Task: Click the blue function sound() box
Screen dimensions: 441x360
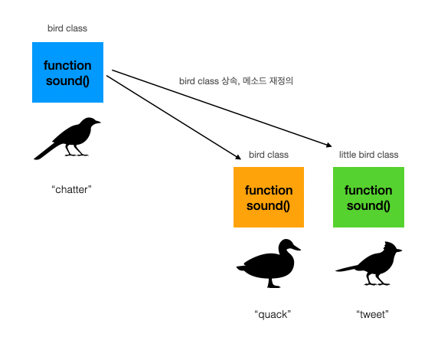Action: click(x=68, y=72)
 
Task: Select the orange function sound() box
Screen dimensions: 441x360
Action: click(x=269, y=197)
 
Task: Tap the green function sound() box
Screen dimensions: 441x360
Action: click(x=368, y=197)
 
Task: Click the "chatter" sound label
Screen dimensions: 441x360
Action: click(x=72, y=189)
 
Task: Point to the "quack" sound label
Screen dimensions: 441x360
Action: click(x=273, y=314)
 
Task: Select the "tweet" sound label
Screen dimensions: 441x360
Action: click(x=372, y=314)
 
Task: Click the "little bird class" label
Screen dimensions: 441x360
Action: click(x=368, y=155)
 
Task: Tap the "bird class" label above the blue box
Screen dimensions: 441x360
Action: click(x=67, y=28)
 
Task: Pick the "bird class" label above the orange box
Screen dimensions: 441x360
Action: click(x=269, y=155)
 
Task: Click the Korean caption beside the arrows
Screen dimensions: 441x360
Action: click(x=236, y=81)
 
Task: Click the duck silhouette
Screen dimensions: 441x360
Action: click(x=268, y=263)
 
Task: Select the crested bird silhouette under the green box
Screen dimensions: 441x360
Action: click(x=368, y=263)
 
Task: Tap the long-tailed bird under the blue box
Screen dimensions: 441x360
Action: click(x=67, y=139)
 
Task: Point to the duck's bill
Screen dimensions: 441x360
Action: click(x=296, y=247)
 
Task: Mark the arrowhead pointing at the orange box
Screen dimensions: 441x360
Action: click(x=238, y=157)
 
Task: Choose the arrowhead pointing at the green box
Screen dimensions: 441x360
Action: click(x=329, y=146)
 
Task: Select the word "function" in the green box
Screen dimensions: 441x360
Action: click(x=368, y=190)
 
